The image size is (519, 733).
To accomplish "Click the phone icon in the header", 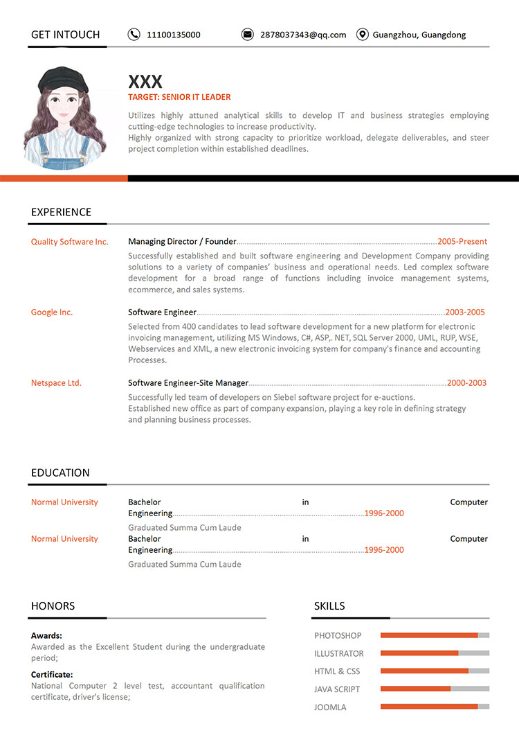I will pos(134,35).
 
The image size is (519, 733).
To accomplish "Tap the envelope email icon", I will pos(247,35).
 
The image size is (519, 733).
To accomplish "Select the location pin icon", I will pos(362,35).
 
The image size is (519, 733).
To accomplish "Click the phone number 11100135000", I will pos(174,35).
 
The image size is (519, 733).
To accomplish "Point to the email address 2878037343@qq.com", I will pos(303,35).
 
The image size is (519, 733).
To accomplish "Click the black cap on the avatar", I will pos(63,78).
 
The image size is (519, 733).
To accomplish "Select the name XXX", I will pos(145,82).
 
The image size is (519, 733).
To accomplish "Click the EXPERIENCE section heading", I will pos(61,212).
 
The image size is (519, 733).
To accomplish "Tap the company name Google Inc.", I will pos(52,312).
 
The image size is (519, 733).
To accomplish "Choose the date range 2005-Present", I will pos(462,242).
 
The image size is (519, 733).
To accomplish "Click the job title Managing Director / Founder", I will pos(182,242).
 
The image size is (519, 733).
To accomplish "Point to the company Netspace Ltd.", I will pos(56,383).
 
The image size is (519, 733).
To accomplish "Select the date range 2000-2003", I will pos(466,383).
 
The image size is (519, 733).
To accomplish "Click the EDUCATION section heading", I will pos(60,473).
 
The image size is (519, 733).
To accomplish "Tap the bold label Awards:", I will pos(46,635).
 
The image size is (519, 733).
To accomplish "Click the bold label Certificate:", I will pos(52,674).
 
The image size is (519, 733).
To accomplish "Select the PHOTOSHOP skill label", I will pos(338,635).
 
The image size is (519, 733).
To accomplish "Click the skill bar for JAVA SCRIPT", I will pos(435,689).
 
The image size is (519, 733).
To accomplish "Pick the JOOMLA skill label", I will pos(330,707).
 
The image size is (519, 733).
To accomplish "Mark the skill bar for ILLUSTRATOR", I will pos(435,653).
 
